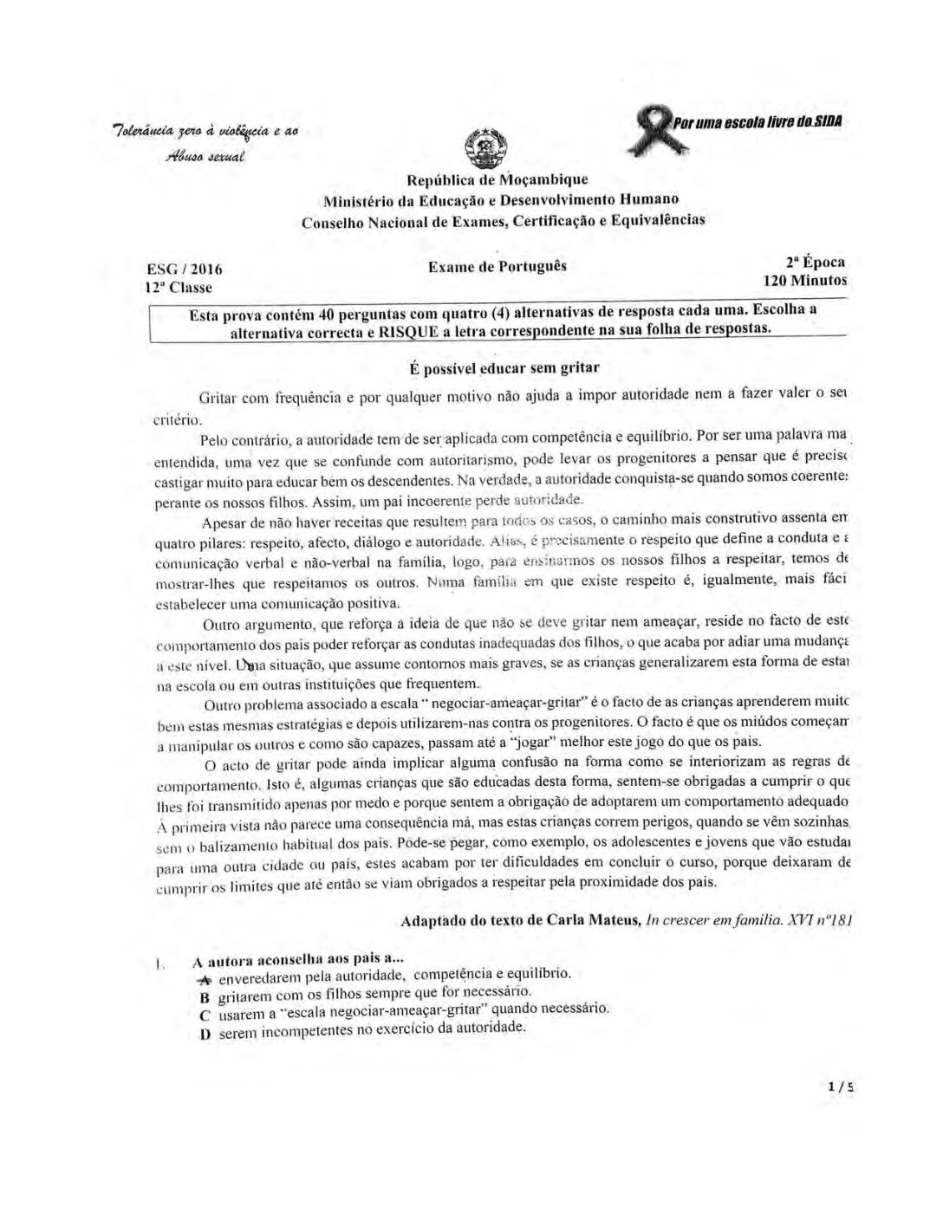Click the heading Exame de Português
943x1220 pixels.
point(498,266)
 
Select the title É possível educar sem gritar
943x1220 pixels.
point(504,368)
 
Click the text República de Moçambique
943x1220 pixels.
point(497,180)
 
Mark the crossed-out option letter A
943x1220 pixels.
point(205,979)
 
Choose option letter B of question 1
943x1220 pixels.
point(205,997)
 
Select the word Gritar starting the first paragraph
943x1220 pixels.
point(218,399)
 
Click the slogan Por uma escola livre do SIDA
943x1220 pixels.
point(760,120)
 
